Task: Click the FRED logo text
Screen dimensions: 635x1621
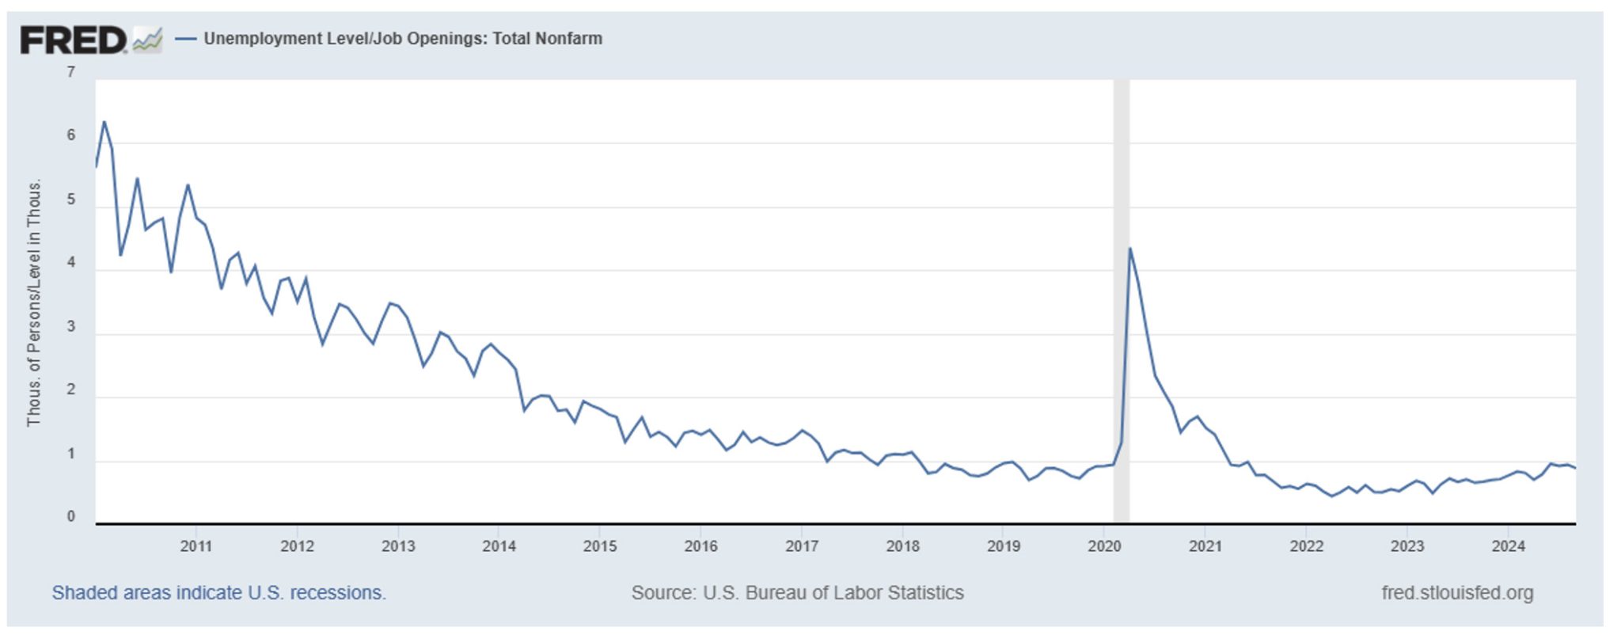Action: (x=73, y=40)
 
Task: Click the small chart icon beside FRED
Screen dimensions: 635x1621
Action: (x=147, y=40)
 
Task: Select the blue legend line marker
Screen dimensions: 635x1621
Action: (x=185, y=39)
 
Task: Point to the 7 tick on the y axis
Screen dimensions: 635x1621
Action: (x=71, y=72)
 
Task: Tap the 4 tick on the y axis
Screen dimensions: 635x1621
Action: (x=71, y=263)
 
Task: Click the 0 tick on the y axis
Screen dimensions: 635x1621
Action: (x=71, y=517)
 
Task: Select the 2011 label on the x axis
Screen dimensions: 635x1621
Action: (x=196, y=546)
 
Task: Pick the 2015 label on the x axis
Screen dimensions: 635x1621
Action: (x=600, y=546)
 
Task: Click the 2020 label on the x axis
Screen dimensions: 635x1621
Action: (x=1104, y=546)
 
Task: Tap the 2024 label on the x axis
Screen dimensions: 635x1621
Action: (x=1508, y=546)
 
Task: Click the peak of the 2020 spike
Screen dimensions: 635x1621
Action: (x=1129, y=249)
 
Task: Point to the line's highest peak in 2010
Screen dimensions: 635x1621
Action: (x=104, y=122)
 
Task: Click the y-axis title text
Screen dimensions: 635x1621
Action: (x=34, y=302)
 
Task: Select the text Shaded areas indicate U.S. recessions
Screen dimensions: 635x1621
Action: (x=218, y=593)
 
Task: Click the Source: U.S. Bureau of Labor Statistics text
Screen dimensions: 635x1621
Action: (x=797, y=593)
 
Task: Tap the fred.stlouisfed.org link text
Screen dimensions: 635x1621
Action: (x=1457, y=593)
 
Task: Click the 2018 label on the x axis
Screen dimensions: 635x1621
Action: (x=902, y=546)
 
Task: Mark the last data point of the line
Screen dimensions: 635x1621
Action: (x=1575, y=468)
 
